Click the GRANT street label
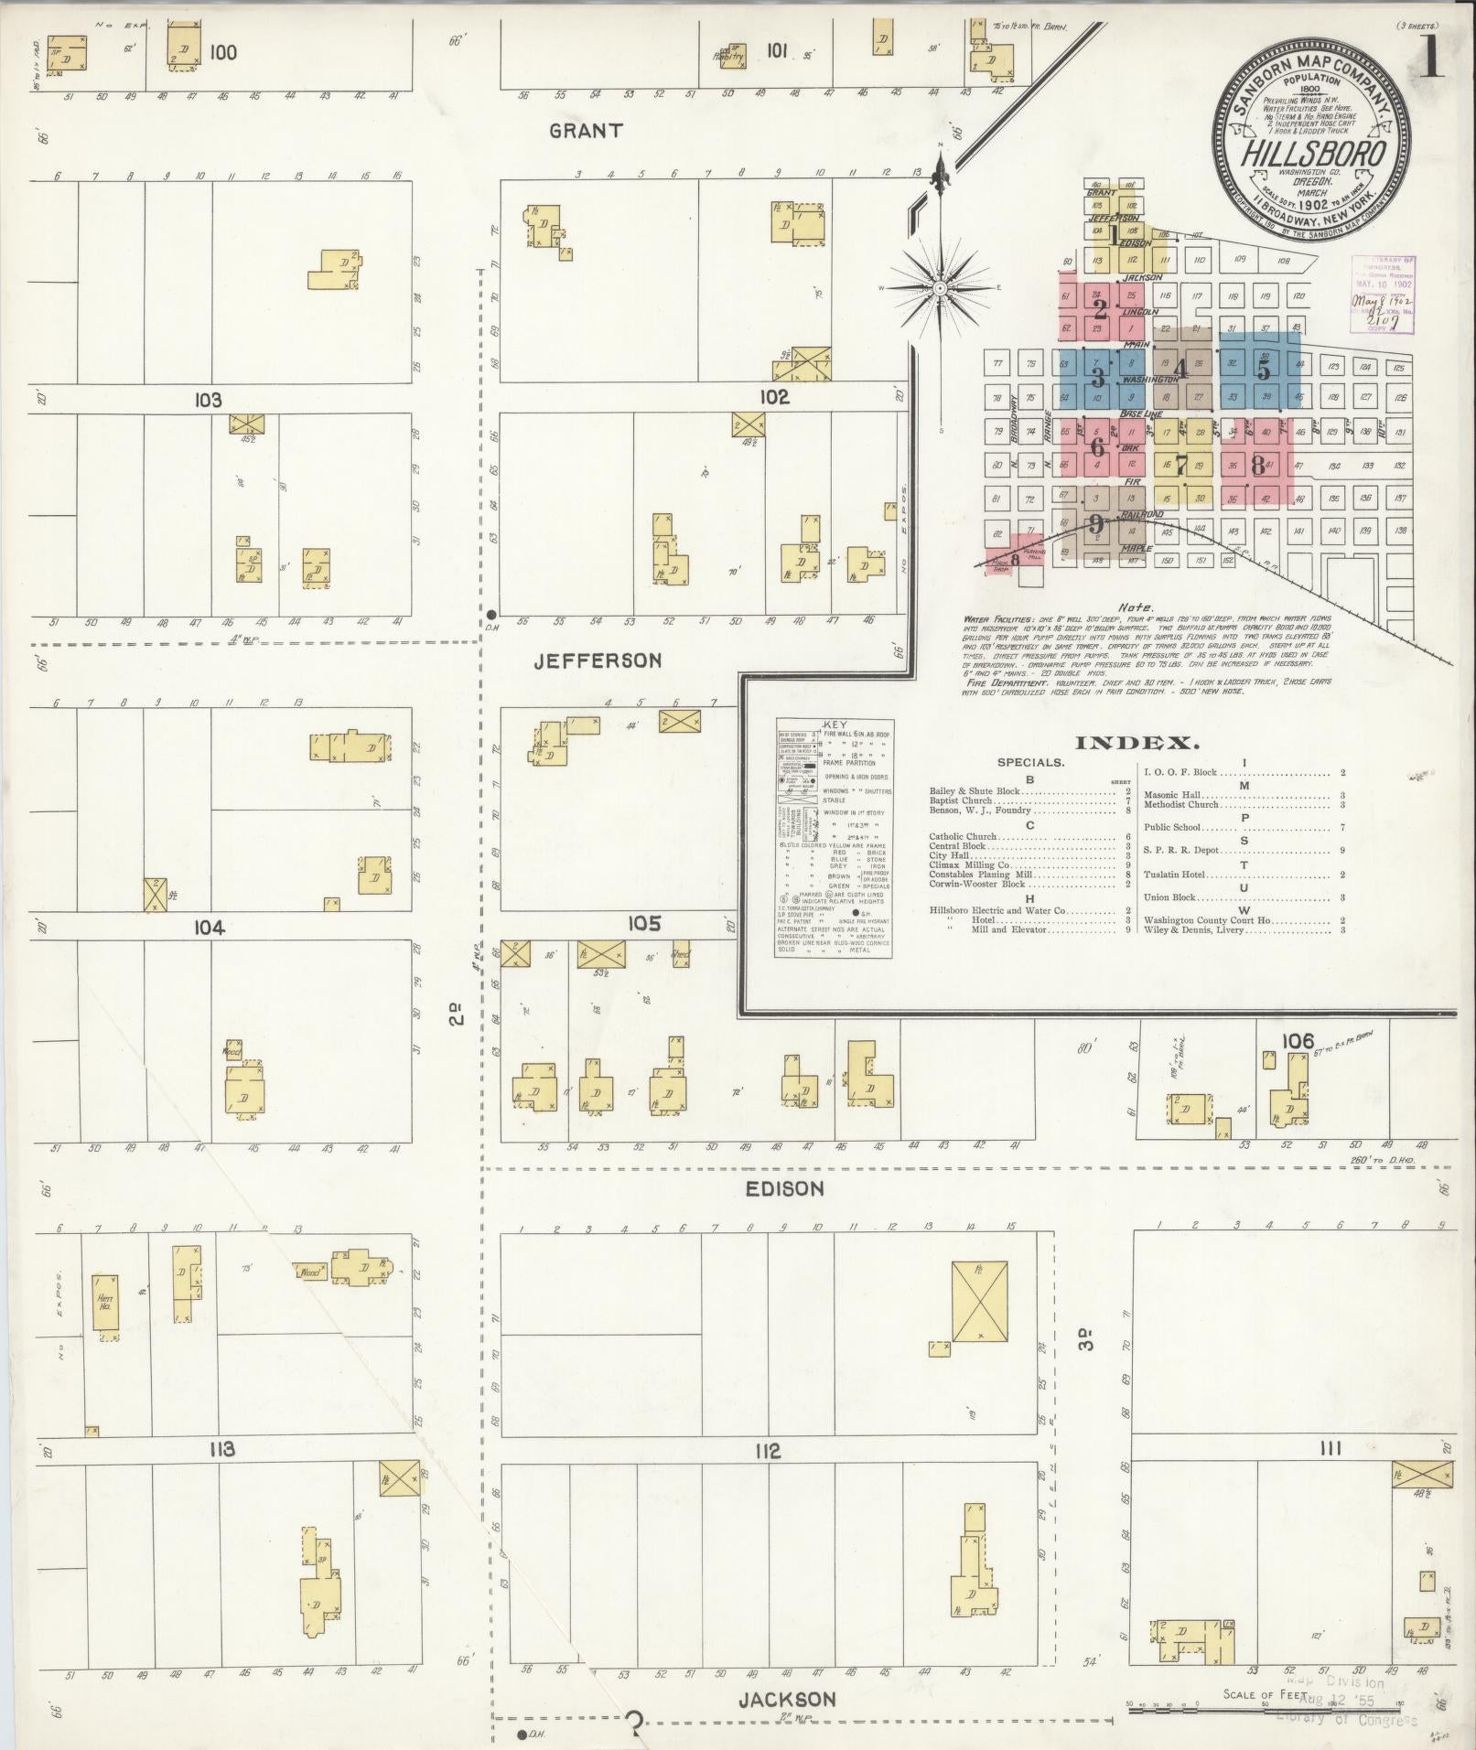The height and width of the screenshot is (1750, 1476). point(586,131)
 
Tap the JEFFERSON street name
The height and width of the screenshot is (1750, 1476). point(598,660)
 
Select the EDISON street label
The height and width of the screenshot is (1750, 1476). point(784,1188)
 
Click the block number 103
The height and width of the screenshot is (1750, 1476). point(208,400)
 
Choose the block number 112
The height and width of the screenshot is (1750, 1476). point(767,1451)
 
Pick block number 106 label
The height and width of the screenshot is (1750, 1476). point(1298,1040)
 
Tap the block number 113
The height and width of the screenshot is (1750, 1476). point(221,1449)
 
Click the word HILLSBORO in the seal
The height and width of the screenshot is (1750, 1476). point(1312,153)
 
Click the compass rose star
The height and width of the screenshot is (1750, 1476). point(940,288)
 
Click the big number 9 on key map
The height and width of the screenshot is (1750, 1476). point(1096,524)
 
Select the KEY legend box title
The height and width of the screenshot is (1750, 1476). point(835,725)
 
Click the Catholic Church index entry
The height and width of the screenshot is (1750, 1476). point(963,836)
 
